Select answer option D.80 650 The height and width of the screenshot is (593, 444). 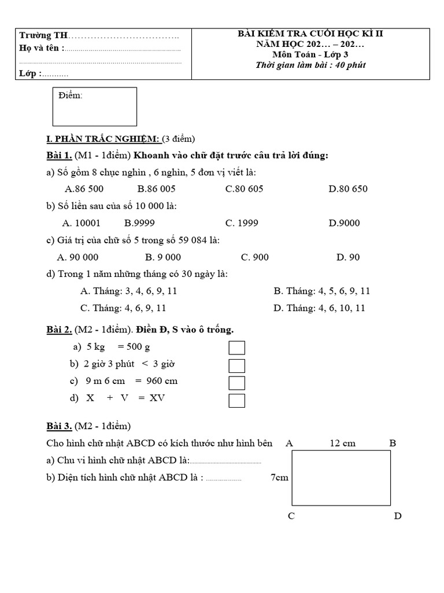[347, 188]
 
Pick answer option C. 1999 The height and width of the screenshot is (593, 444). [242, 222]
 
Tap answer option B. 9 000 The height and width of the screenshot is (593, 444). [163, 257]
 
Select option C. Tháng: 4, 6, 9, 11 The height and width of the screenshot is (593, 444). [123, 308]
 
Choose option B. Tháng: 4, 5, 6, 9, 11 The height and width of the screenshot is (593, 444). [321, 291]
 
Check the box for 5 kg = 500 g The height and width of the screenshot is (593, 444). [237, 347]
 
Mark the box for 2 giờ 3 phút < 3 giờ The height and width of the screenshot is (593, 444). [237, 365]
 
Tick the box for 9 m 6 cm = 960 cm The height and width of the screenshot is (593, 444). [237, 383]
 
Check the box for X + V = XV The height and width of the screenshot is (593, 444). [237, 401]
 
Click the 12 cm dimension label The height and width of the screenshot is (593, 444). [343, 443]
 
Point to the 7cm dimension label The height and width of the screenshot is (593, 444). [279, 478]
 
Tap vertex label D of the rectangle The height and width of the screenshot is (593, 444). [398, 515]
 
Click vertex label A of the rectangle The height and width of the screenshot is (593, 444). [290, 443]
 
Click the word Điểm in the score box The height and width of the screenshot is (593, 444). [71, 96]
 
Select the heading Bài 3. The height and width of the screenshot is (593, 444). [59, 426]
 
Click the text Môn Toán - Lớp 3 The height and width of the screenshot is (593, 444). [310, 54]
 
